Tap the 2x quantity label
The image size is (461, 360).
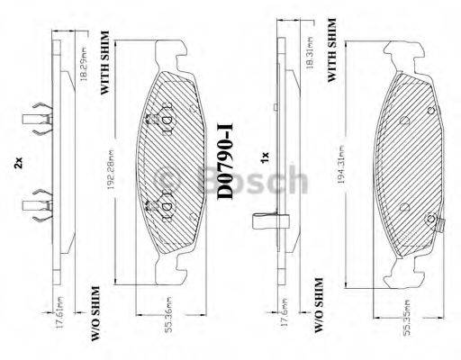[17, 164]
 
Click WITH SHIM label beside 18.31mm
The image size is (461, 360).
[333, 50]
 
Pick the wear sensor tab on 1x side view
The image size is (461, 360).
[267, 220]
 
